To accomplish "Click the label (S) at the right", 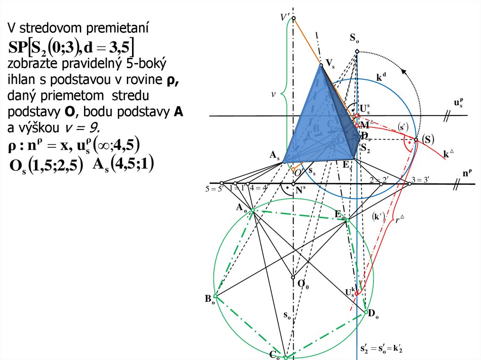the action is click(x=427, y=139).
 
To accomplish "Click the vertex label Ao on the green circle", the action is click(x=241, y=207).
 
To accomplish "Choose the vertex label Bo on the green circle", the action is click(x=209, y=299).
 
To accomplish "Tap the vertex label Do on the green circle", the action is click(x=373, y=314).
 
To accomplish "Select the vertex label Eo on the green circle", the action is click(x=340, y=214).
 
